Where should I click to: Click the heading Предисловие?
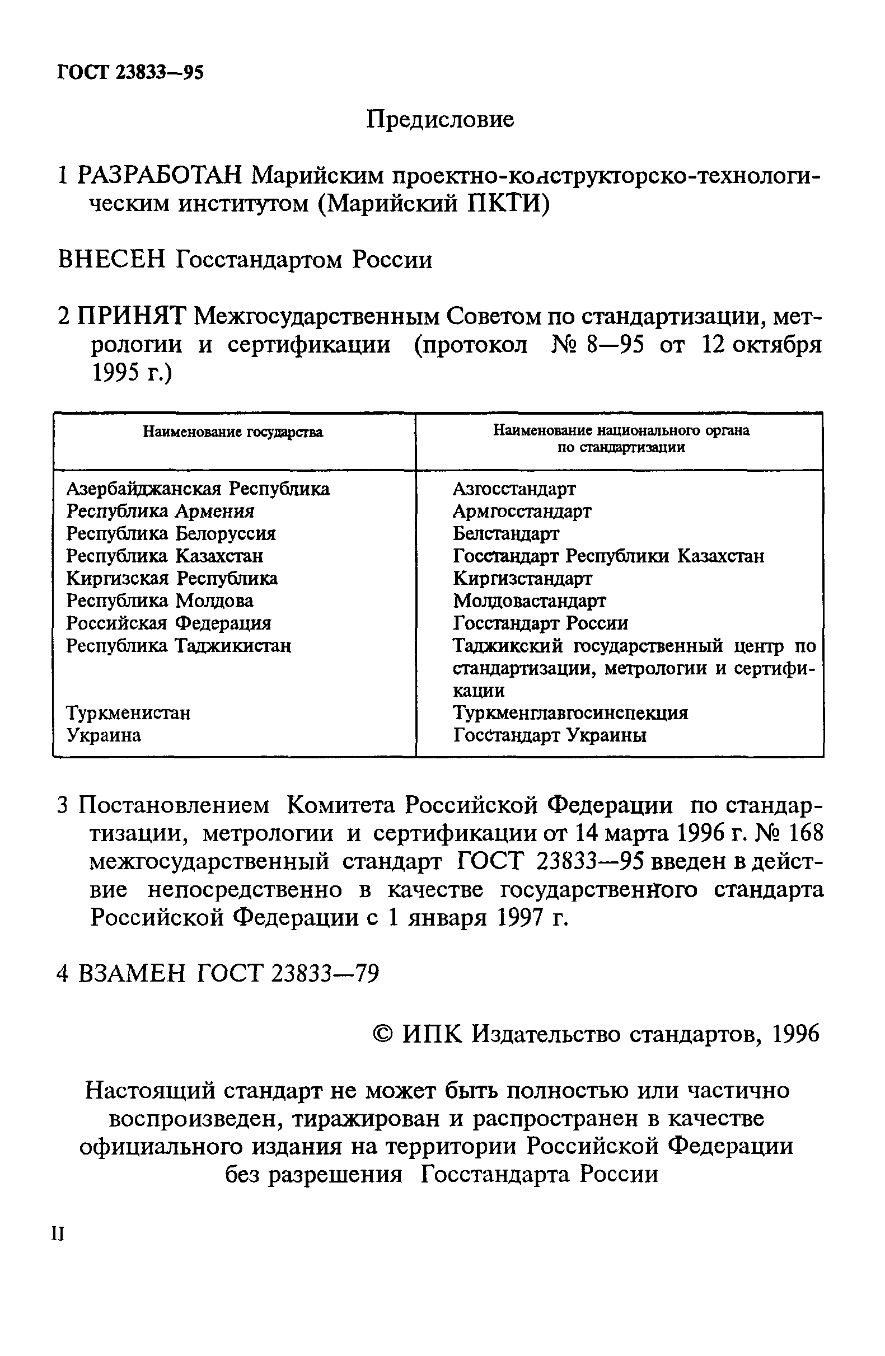tap(439, 120)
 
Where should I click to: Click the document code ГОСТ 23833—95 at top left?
tap(130, 72)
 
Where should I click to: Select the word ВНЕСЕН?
tap(111, 260)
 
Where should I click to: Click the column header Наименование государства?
tap(232, 433)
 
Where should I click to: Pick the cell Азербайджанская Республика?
tap(198, 489)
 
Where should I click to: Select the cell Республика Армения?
tap(160, 511)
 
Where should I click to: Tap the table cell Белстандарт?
tap(506, 533)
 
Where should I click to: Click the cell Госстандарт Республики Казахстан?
tap(608, 556)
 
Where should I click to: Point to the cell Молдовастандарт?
tap(530, 600)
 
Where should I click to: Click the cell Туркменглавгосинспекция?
tap(570, 713)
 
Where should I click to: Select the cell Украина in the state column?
tap(103, 735)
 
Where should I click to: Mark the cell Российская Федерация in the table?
tap(168, 623)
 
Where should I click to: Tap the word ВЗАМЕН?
tap(132, 974)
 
